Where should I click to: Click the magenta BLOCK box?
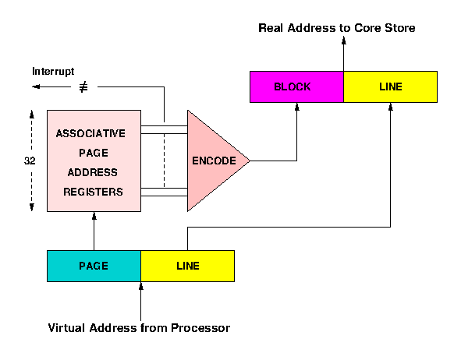tap(296, 86)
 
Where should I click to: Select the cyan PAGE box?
tap(94, 266)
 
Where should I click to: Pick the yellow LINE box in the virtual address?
tap(187, 266)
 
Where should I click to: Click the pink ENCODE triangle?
tap(212, 161)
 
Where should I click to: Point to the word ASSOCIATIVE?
tap(90, 134)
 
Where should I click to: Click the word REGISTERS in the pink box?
tap(94, 192)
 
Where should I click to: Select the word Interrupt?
tap(53, 72)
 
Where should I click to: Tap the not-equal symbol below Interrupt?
tap(83, 87)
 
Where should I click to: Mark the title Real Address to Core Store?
tap(337, 29)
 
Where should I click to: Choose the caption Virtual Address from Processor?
tap(139, 328)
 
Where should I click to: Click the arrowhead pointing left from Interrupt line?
tap(35, 87)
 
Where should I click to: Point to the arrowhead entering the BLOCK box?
tap(296, 107)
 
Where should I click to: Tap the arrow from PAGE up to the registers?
tap(94, 231)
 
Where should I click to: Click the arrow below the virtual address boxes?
tap(140, 300)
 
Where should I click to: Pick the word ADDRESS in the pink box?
tap(94, 172)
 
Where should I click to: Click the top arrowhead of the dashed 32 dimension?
tap(32, 113)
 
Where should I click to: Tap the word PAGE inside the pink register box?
tap(94, 154)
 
